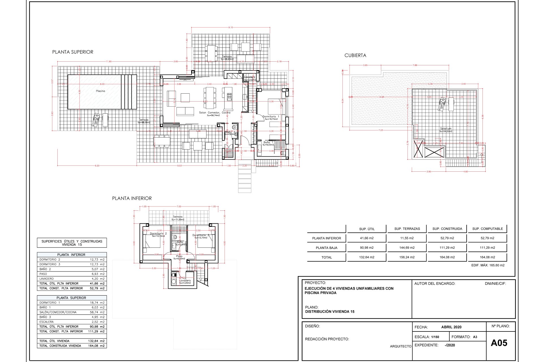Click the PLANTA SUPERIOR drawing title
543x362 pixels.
tap(73, 52)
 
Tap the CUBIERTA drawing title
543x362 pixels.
tap(355, 55)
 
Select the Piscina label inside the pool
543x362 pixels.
tap(100, 91)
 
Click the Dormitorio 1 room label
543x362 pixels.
tap(271, 117)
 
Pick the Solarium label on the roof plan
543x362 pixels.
tap(445, 129)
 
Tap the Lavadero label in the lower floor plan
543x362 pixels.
tap(185, 281)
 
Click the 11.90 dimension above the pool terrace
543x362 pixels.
tap(109, 61)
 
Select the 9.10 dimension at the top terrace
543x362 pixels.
tap(230, 27)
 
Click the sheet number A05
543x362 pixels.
tap(499, 343)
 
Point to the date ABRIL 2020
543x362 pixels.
tap(451, 327)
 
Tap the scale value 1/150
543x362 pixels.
tap(435, 337)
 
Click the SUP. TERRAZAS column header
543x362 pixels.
tap(407, 229)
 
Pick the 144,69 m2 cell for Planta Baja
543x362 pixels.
tap(407, 248)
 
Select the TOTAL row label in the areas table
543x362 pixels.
tap(326, 257)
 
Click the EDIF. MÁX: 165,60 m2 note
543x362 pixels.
tap(488, 265)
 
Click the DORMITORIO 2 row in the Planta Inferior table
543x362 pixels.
tap(50, 259)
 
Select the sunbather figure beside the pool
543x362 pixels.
tap(96, 120)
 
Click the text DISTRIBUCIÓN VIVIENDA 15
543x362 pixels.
tap(329, 312)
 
